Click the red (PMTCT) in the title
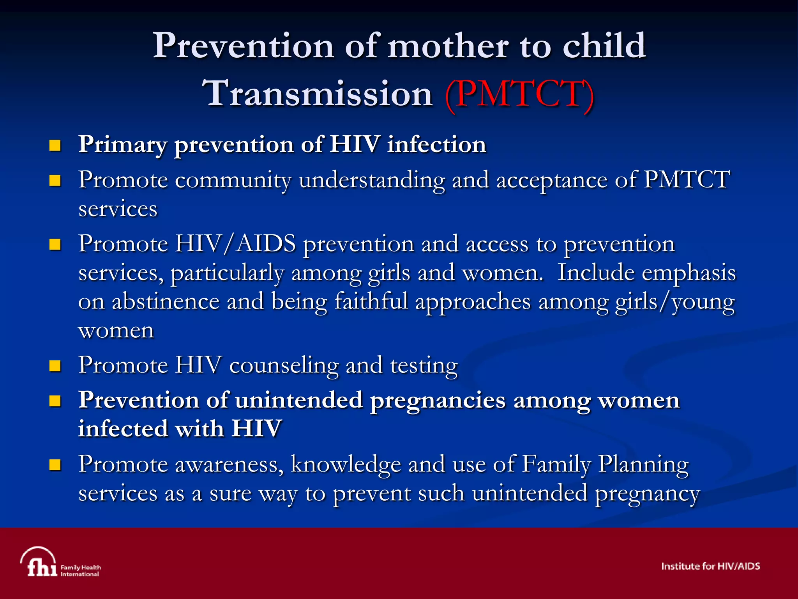[x=519, y=94]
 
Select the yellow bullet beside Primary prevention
[x=55, y=146]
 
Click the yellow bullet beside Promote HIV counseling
[x=55, y=366]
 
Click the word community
[x=233, y=180]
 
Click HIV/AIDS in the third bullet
[x=235, y=244]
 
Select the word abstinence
[x=166, y=302]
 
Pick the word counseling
[x=284, y=366]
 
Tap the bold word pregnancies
[x=438, y=401]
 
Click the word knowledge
[x=346, y=464]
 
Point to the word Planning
[x=644, y=465]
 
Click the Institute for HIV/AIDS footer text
[x=710, y=566]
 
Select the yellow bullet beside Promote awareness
[x=55, y=465]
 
